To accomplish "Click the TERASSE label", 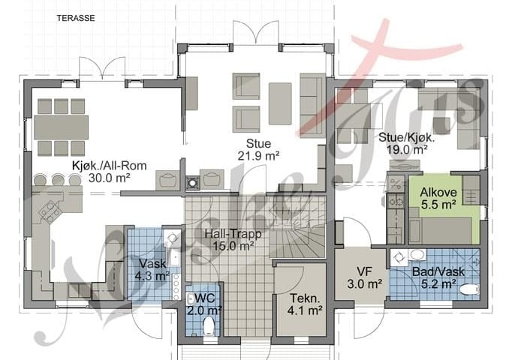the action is (x=76, y=18).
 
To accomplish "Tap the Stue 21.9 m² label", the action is (x=258, y=149).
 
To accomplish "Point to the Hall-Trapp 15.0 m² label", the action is (x=233, y=239).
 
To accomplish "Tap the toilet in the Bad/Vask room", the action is (x=469, y=289).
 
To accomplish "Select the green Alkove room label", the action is (x=438, y=198).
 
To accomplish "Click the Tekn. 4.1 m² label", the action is (x=305, y=304).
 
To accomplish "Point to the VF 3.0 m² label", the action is (x=365, y=277).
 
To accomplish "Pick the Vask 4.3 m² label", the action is (x=152, y=270).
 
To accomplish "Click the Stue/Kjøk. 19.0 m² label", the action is (x=407, y=143).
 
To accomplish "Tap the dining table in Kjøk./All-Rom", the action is (x=62, y=127).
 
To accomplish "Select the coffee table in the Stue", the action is (x=280, y=103).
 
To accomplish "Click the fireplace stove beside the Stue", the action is (x=192, y=183).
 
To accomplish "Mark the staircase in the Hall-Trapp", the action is (x=297, y=227).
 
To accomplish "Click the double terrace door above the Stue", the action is (x=256, y=32).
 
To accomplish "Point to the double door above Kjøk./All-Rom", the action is (x=102, y=69).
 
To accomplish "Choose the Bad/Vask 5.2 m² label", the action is (x=438, y=277).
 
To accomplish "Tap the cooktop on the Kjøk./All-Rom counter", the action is (x=50, y=211).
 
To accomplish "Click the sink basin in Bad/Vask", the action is (x=417, y=255).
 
